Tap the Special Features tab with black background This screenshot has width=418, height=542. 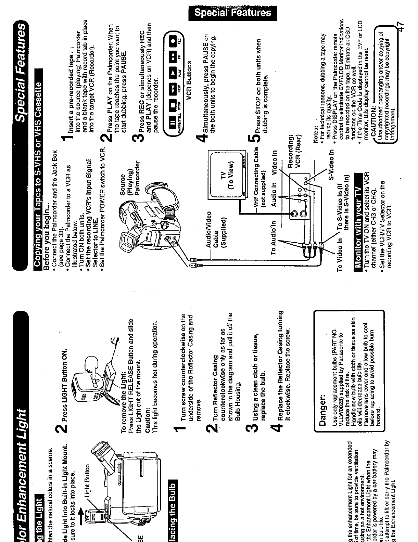click(232, 13)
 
